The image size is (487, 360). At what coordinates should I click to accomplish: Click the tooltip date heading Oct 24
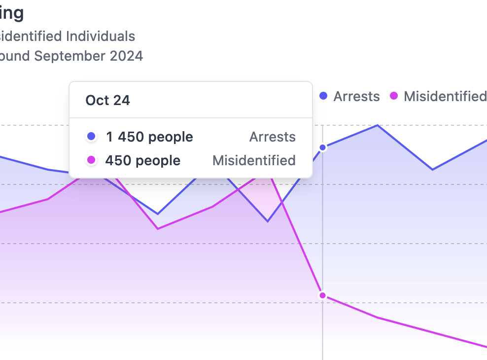tap(107, 100)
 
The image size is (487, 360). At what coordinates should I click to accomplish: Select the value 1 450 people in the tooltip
tap(149, 137)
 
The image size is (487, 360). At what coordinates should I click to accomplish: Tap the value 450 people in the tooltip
tap(142, 160)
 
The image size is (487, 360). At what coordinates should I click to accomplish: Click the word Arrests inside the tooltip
tap(272, 137)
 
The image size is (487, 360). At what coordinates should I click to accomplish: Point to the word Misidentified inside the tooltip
tap(254, 160)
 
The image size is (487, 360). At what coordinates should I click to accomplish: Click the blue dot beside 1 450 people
tap(91, 137)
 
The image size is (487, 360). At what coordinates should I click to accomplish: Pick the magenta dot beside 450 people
tap(91, 160)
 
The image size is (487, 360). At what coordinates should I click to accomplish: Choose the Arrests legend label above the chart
tap(356, 96)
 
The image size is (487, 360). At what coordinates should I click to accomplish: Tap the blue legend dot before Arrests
tap(323, 96)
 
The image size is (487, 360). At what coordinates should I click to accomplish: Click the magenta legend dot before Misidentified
tap(394, 96)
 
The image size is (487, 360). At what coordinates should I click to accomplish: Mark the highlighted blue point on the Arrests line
tap(323, 147)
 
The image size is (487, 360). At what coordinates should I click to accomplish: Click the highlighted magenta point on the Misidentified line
tap(323, 295)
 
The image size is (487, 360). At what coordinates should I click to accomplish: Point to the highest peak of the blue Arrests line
tap(378, 125)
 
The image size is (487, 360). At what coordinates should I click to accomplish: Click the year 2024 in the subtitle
tap(126, 56)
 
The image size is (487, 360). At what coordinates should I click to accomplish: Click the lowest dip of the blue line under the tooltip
tap(268, 221)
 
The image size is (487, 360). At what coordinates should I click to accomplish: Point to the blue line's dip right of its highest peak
tap(433, 170)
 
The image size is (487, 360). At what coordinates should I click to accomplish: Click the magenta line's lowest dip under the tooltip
tap(158, 229)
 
